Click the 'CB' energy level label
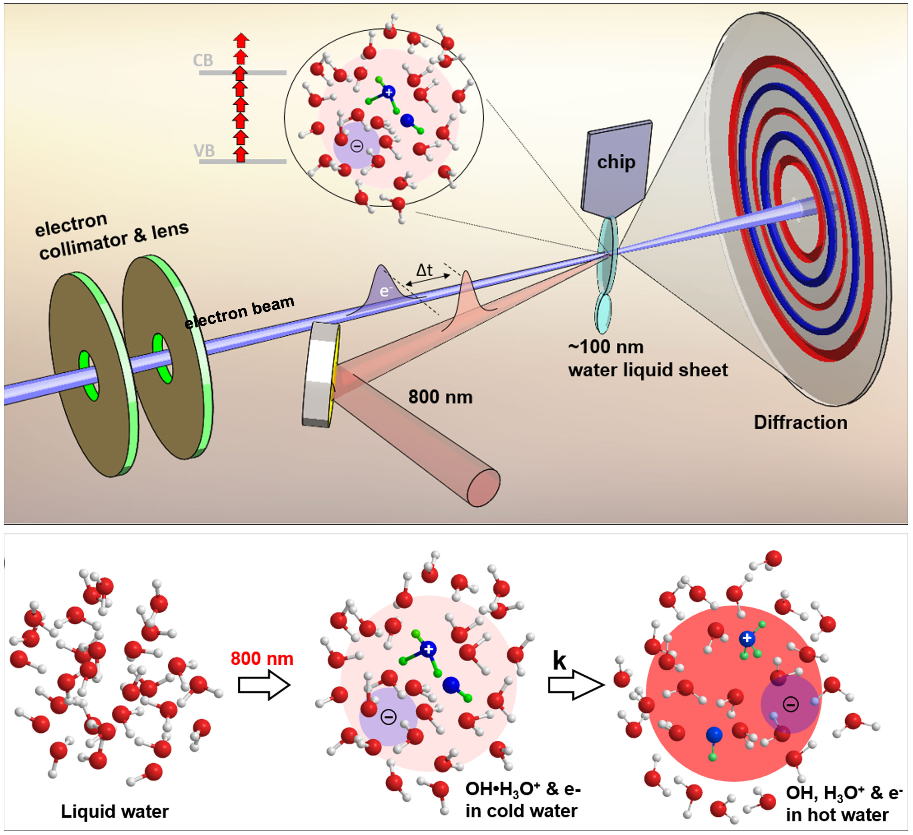pos(203,60)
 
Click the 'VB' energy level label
pos(204,150)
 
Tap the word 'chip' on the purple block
pos(616,162)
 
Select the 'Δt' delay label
pos(424,270)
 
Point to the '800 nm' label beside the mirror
pos(440,397)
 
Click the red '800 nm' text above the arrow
pos(262,658)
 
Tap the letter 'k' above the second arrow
pos(559,661)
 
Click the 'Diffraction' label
pos(800,422)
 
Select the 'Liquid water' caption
pos(115,811)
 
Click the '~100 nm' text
pos(606,347)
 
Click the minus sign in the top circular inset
pos(357,146)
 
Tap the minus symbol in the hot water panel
pos(791,704)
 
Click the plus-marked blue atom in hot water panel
pos(747,639)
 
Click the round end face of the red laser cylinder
pos(484,488)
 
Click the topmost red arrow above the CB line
pos(241,40)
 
